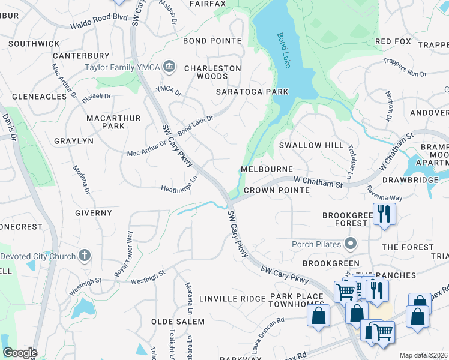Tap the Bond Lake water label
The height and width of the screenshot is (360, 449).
click(x=283, y=50)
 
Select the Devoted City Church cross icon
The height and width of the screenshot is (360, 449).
click(x=85, y=256)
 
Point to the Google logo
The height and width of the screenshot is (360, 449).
click(x=19, y=353)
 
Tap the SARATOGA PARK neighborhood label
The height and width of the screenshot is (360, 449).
click(x=253, y=92)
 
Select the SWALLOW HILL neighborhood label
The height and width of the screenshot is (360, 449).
click(x=312, y=145)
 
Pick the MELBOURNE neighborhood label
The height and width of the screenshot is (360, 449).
click(x=267, y=170)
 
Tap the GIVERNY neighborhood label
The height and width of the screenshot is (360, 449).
click(x=94, y=212)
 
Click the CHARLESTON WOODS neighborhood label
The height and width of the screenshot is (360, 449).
click(x=212, y=72)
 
